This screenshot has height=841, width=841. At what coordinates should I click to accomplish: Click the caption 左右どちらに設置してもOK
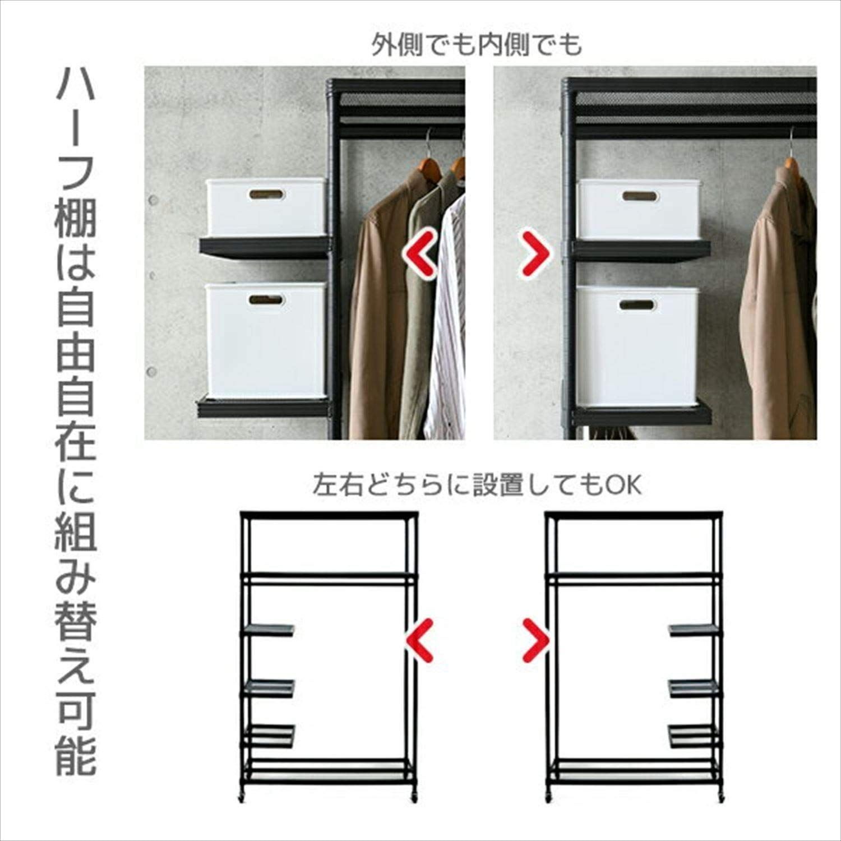(477, 485)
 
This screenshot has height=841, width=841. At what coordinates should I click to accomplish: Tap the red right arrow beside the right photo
(535, 253)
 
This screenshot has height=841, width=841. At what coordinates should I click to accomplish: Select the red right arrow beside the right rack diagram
(535, 639)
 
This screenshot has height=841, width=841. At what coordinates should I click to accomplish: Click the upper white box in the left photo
(266, 206)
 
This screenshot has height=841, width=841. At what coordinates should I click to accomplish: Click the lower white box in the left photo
(266, 339)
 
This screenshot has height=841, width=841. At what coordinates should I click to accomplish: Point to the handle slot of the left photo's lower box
(267, 300)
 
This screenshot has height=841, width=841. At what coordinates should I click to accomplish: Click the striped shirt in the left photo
(449, 314)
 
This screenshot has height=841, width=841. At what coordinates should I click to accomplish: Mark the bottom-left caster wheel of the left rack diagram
(243, 797)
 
